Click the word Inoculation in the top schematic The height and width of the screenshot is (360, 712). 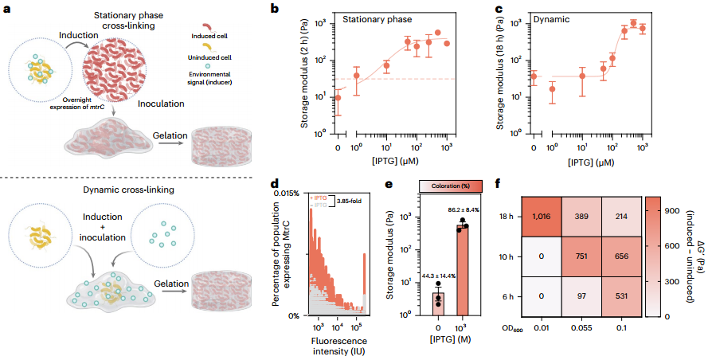coord(162,104)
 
